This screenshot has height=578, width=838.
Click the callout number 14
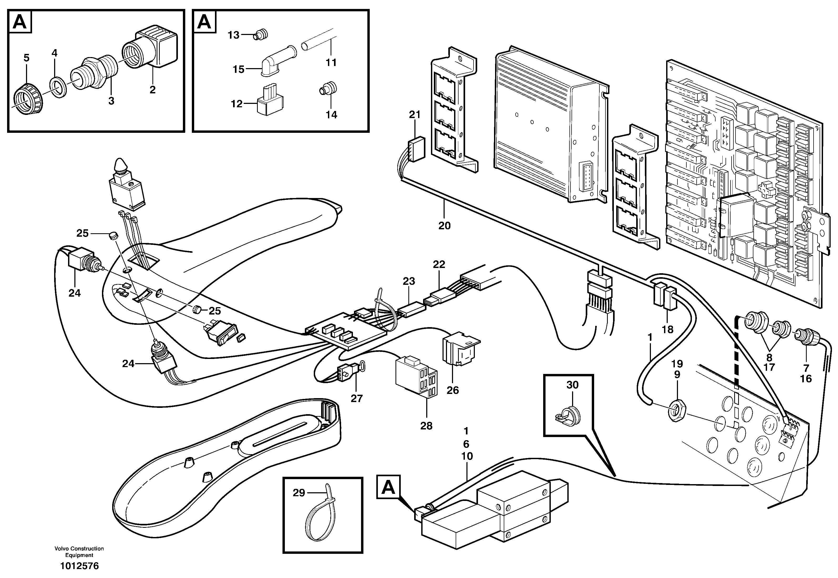pos(331,115)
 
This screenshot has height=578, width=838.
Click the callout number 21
pos(415,115)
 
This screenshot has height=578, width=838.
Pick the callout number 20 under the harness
pos(444,226)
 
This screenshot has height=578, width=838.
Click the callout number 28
pos(426,426)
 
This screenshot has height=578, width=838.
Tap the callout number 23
pos(409,281)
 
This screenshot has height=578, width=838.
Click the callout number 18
pos(667,329)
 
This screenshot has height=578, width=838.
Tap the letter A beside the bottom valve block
pos(388,488)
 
